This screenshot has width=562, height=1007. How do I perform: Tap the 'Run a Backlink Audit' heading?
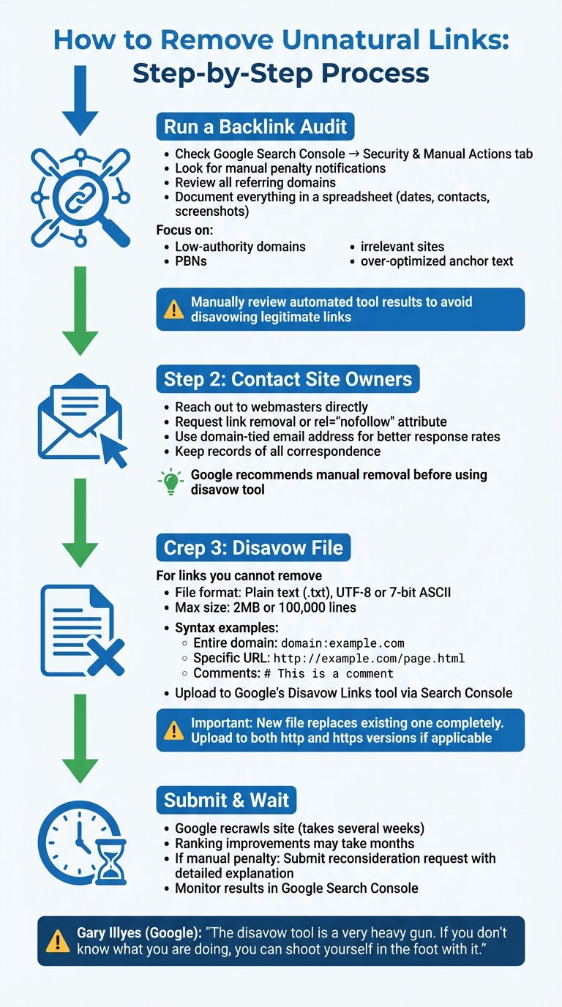coord(255,127)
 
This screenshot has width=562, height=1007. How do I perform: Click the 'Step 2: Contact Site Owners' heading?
coord(288,379)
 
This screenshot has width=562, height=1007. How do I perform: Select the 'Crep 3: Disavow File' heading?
coord(254,548)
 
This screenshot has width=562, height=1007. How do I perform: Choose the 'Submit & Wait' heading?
coord(226,800)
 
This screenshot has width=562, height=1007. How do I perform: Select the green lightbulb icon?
coord(170,481)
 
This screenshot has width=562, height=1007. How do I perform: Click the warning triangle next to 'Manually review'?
coord(174,310)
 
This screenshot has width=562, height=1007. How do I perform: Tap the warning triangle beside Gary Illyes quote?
coord(58,941)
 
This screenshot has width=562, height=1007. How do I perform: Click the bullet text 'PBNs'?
coord(190,261)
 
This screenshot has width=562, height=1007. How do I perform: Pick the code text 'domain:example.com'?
coord(342,643)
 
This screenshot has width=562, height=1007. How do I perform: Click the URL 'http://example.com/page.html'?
coord(369,659)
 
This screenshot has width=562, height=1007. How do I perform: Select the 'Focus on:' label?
coord(184,231)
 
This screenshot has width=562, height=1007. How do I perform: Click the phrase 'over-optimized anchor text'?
coord(437,261)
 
